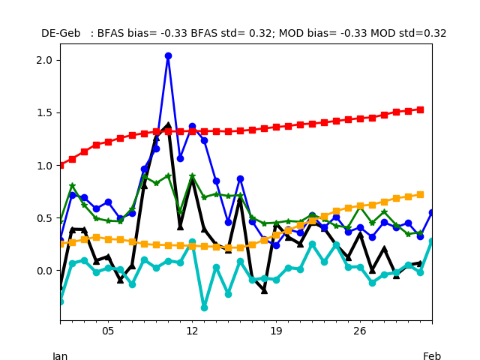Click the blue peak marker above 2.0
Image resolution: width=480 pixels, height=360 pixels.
[168, 55]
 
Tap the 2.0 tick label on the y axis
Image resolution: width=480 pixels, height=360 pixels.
[44, 60]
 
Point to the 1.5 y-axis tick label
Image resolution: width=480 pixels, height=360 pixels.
[44, 113]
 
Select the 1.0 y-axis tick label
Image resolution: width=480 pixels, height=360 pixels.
[44, 166]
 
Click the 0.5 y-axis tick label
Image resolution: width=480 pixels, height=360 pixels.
[44, 218]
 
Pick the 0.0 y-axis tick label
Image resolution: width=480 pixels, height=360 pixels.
[44, 271]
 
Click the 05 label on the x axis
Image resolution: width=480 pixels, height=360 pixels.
[108, 331]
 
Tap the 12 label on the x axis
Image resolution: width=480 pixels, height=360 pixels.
[192, 331]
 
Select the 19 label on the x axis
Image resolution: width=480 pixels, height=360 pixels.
[276, 331]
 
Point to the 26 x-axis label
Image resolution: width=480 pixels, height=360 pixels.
[360, 331]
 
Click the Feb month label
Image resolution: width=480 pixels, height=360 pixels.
[432, 355]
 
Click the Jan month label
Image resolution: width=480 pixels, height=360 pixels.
[60, 355]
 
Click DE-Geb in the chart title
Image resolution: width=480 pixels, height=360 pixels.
[61, 33]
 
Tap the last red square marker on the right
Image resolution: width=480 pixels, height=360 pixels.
[420, 110]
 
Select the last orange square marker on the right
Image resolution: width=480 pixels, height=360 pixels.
[420, 195]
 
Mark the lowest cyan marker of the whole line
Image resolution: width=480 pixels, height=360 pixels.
[204, 307]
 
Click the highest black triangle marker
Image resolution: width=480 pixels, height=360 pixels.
[168, 125]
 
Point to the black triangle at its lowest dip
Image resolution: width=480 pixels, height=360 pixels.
[264, 291]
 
